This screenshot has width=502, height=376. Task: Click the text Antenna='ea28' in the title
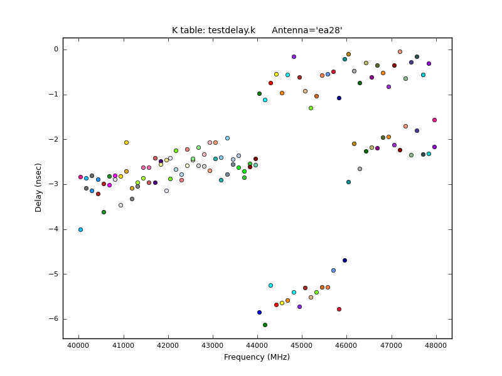coord(307,30)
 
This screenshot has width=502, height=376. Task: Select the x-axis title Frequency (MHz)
coord(257,357)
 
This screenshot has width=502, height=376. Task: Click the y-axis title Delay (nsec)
coord(39,187)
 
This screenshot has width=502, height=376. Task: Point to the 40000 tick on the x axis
coord(78,345)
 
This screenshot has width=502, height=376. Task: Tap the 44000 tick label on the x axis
coord(257,345)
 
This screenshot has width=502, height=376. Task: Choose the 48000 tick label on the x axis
coord(436,345)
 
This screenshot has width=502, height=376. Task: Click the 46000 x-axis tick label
coord(346,345)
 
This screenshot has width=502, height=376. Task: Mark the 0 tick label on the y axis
coord(55,50)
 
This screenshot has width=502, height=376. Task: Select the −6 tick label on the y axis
coord(54,319)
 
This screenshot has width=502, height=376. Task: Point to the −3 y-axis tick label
coord(54,184)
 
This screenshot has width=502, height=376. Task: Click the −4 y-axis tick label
coord(54,229)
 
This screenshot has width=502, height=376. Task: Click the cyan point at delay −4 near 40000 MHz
coord(80,229)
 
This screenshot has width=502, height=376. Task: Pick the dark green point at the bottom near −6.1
coord(265,325)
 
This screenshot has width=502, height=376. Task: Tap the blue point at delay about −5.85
coord(259,312)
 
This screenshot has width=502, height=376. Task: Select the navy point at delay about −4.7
coord(344,260)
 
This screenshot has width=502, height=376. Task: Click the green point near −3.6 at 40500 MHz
coord(104,212)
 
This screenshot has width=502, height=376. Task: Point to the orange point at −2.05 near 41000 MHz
coord(126,142)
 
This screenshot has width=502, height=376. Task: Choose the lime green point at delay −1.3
coord(311,108)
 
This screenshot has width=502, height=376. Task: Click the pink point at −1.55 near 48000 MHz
coord(434,120)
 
